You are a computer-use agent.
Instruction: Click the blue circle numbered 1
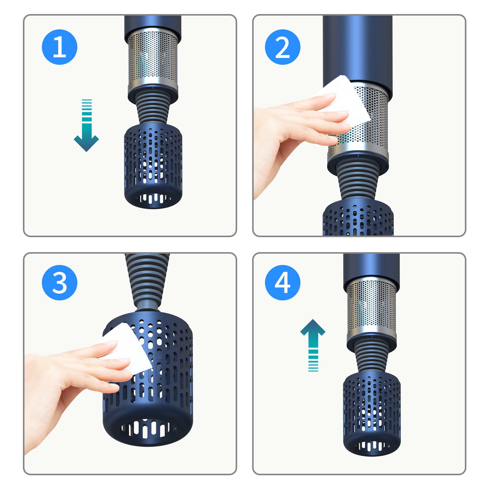[60, 47]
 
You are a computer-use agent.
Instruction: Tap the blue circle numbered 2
[283, 47]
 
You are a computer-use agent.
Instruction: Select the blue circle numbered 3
[60, 283]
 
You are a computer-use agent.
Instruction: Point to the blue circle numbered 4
[283, 283]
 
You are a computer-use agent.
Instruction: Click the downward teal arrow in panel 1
[86, 125]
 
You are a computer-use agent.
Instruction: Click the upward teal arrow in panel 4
[313, 345]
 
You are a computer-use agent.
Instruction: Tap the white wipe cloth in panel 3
[125, 348]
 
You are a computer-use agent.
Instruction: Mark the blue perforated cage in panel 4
[372, 414]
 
